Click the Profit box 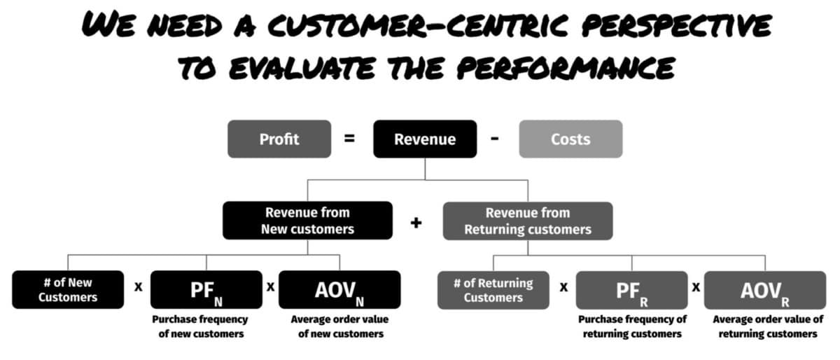[279, 139]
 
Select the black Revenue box [425, 139]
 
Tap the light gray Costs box [570, 139]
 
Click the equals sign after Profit [349, 139]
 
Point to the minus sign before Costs [495, 139]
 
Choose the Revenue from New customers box [307, 221]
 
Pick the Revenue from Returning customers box [528, 221]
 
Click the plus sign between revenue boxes [416, 223]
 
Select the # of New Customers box [68, 289]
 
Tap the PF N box [206, 289]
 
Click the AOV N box [339, 289]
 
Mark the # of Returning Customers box [493, 290]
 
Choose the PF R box [632, 290]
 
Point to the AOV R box [765, 290]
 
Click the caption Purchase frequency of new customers [200, 326]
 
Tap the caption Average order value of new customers [340, 326]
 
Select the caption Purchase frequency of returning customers [632, 326]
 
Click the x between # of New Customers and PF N [139, 287]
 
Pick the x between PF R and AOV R [696, 288]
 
